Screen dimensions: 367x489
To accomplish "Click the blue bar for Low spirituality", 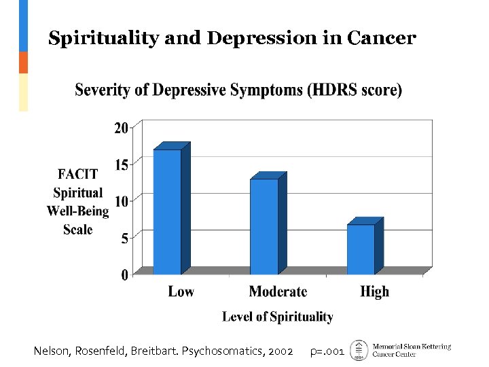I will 167,212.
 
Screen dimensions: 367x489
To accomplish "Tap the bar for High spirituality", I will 361,249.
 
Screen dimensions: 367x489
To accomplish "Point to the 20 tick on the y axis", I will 122,128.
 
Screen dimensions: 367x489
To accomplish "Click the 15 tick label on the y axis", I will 122,164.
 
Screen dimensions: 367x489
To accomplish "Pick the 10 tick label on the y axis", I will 122,201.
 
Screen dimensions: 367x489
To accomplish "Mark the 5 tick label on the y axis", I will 125,238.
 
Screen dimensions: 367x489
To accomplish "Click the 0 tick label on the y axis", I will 125,275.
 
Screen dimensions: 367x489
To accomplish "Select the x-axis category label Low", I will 181,292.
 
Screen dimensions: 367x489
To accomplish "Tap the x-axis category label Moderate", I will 278,292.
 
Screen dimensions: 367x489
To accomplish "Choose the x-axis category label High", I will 374,292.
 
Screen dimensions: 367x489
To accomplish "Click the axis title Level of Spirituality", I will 278,317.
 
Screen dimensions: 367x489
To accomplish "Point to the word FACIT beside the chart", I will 78,175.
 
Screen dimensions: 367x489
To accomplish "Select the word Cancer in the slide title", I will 381,39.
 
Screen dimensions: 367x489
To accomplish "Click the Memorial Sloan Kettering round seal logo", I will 358,350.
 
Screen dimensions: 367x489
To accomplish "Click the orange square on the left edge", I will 23,63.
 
